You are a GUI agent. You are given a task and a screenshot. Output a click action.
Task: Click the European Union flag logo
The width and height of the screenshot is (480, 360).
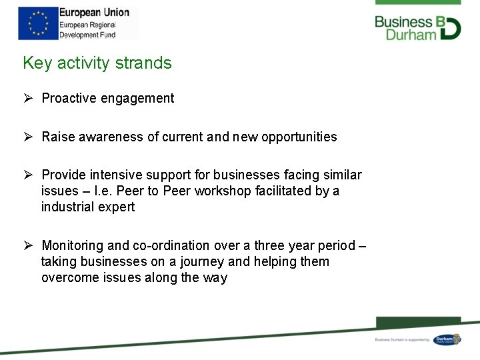point(38,23)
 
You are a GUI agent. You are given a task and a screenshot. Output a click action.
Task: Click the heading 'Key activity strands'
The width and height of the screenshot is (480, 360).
point(97,63)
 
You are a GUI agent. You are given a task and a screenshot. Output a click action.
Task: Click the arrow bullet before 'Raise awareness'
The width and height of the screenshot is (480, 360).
point(28,137)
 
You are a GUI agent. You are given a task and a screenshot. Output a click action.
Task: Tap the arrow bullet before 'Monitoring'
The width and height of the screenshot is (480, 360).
point(28,245)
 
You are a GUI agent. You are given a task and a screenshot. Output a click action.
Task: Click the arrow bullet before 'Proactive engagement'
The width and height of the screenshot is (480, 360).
point(28,99)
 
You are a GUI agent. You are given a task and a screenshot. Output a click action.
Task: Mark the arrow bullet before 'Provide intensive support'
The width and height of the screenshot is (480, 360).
point(28,175)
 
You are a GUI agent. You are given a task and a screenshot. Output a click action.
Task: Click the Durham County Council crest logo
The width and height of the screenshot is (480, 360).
point(446,340)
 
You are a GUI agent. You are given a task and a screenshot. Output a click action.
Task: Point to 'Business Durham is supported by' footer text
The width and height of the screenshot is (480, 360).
point(402,340)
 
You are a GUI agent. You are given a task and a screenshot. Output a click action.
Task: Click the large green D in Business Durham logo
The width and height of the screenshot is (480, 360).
point(451,27)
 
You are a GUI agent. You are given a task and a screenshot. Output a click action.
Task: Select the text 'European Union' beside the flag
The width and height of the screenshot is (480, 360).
point(94,13)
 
